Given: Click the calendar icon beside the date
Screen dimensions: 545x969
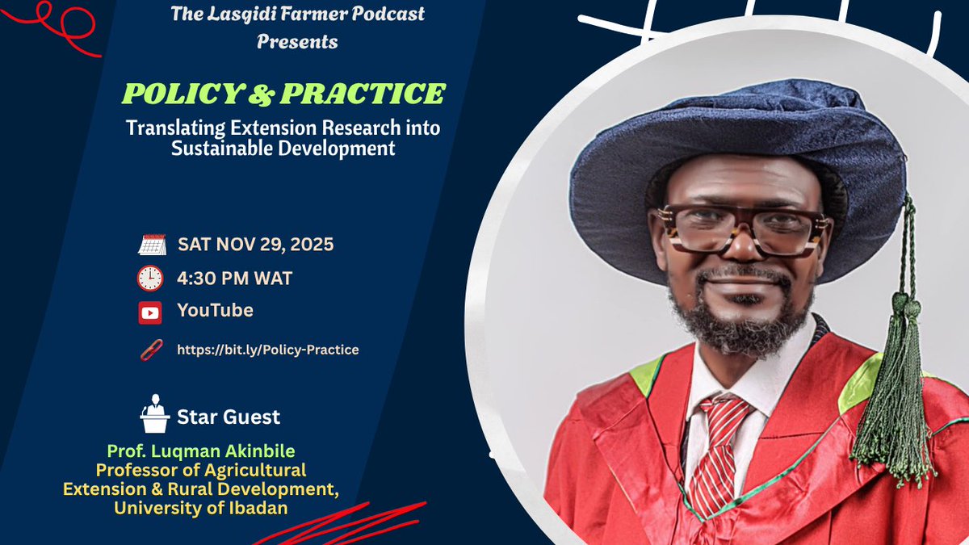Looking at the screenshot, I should click(x=152, y=245).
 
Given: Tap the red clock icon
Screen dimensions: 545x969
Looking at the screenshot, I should click(x=150, y=279).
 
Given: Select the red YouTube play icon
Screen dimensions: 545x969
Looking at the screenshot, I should click(x=150, y=312).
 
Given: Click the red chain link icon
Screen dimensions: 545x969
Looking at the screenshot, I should click(x=150, y=350).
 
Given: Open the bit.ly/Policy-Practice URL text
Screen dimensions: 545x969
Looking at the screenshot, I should click(x=268, y=350).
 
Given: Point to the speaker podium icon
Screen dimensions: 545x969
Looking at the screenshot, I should click(x=153, y=414).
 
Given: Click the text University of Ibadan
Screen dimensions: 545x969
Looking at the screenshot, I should click(x=200, y=508).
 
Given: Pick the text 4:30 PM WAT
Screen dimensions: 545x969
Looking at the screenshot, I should click(x=234, y=279).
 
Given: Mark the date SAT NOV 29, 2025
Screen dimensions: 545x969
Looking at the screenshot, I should click(x=255, y=245).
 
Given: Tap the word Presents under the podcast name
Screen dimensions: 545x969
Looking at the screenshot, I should click(x=297, y=42).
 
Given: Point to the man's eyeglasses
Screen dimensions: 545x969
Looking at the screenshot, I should click(x=739, y=228).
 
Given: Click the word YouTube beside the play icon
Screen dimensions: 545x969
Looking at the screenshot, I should click(x=215, y=311).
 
